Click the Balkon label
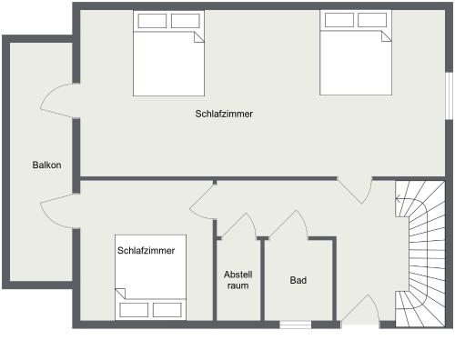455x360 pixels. tap(46, 165)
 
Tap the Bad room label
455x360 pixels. tap(298, 280)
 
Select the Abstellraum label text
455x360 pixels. tap(238, 280)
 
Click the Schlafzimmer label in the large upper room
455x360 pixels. tap(224, 114)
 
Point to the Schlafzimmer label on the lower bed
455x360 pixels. tap(146, 251)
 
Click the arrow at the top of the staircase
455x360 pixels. tap(401, 199)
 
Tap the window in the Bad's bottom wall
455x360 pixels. tap(295, 325)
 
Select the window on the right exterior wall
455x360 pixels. tap(450, 95)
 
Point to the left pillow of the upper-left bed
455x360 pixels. tap(152, 21)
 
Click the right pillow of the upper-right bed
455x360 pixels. tap(372, 20)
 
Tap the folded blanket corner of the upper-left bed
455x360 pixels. tap(198, 37)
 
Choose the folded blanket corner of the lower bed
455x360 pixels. tap(120, 294)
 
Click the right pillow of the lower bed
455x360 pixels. tap(167, 310)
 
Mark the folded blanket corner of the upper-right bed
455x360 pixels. tap(386, 36)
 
